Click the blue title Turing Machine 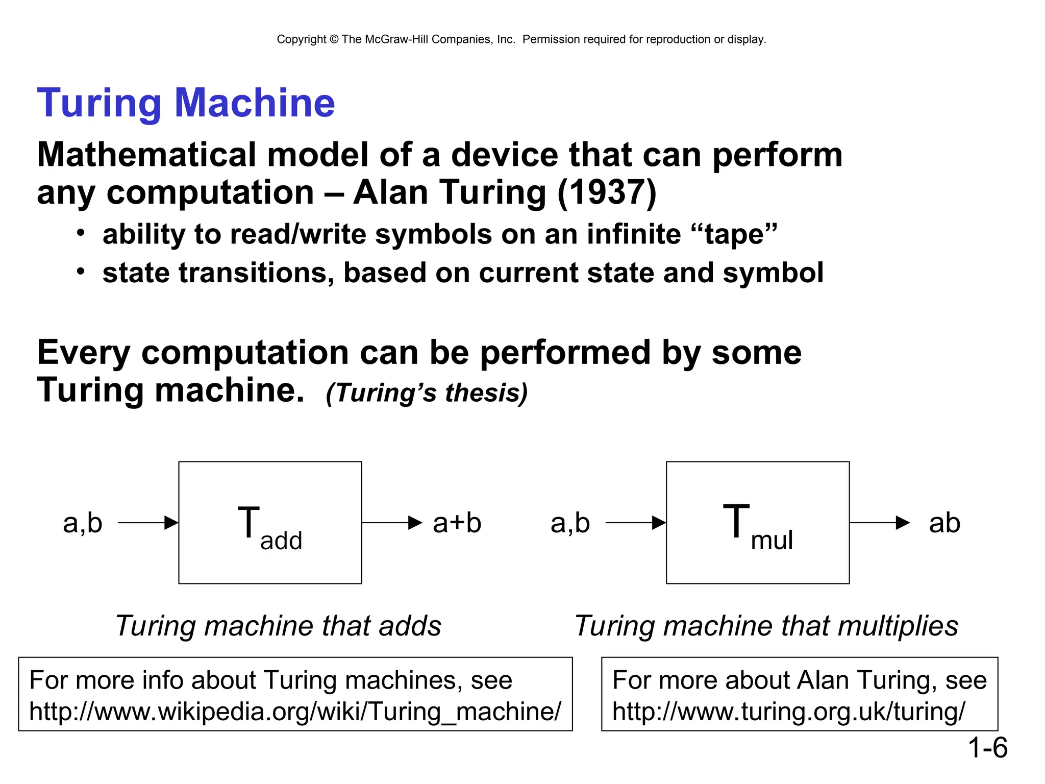point(186,103)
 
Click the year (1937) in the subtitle point(607,193)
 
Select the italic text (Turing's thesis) point(427,393)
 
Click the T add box point(270,523)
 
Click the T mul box point(757,523)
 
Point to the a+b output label point(457,523)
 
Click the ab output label point(944,523)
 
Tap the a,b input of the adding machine point(83,523)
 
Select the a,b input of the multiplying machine point(570,523)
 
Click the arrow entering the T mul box point(635,523)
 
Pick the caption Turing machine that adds point(278,626)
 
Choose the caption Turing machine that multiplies point(766,626)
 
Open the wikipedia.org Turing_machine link point(295,712)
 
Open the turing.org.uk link point(788,712)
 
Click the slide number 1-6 point(987,748)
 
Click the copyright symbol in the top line point(334,39)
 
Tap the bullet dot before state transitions point(81,272)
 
